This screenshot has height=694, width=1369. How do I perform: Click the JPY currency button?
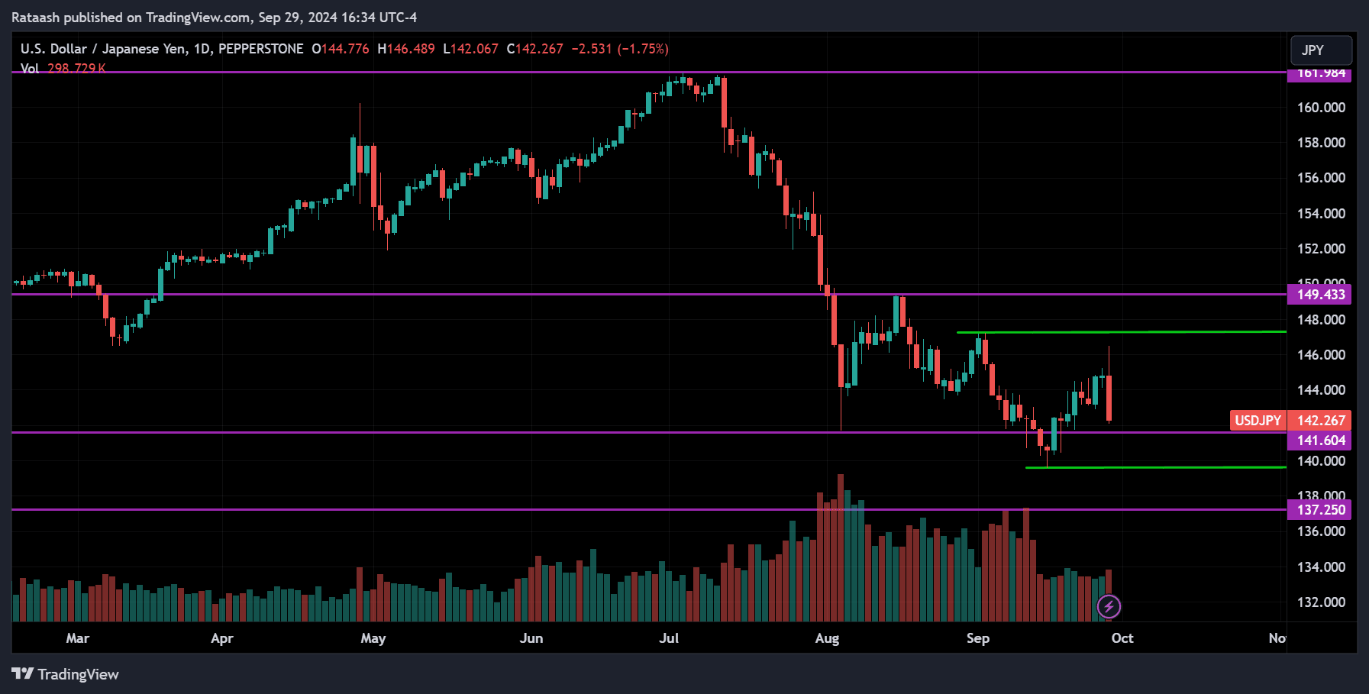coord(1320,50)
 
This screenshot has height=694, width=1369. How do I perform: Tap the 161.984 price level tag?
coord(1320,74)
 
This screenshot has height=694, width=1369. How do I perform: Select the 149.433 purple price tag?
coord(1320,295)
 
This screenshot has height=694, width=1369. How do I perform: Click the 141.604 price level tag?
coord(1320,441)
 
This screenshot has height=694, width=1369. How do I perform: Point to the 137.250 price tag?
coord(1320,510)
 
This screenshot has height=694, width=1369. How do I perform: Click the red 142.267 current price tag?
coord(1320,421)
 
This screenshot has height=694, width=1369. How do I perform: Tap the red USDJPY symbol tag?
coord(1258,421)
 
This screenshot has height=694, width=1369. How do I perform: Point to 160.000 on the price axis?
coord(1321,108)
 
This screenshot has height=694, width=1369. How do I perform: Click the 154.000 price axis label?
coord(1321,214)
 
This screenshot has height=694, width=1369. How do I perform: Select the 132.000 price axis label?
coord(1321,602)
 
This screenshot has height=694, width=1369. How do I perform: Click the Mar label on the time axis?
coord(78,638)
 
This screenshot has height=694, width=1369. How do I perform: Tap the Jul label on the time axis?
coord(669,638)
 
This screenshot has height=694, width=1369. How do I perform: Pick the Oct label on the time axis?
coord(1122,638)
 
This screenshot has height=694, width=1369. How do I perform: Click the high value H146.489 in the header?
coord(406,49)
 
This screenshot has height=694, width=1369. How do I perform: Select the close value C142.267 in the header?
coord(534,49)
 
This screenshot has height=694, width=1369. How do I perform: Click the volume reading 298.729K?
coord(76,68)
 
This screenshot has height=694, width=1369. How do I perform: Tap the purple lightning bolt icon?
coord(1109,607)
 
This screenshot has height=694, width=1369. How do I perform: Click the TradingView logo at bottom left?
coord(66,674)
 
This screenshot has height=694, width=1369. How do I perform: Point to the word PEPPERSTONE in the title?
coord(261,49)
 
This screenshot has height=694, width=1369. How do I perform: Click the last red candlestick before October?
coord(1109,397)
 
